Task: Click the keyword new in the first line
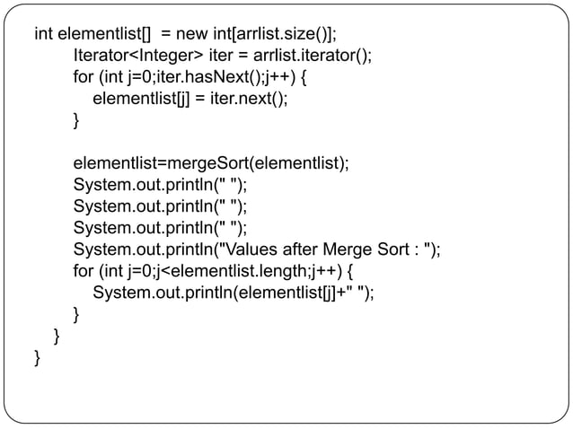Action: click(190, 34)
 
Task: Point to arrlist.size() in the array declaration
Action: click(282, 34)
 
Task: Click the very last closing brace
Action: click(38, 357)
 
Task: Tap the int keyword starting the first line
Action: click(43, 34)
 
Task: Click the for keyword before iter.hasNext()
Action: click(83, 77)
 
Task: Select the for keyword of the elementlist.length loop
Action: click(83, 270)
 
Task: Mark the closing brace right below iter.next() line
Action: click(76, 120)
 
